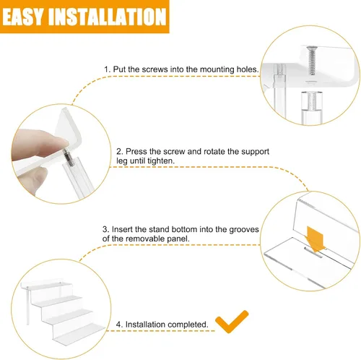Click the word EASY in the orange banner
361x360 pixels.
[x=23, y=17]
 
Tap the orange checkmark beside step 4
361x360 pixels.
[x=231, y=322]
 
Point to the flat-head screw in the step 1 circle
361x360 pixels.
[x=311, y=60]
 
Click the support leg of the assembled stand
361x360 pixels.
[x=27, y=306]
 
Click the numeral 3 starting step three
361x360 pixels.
[x=105, y=229]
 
